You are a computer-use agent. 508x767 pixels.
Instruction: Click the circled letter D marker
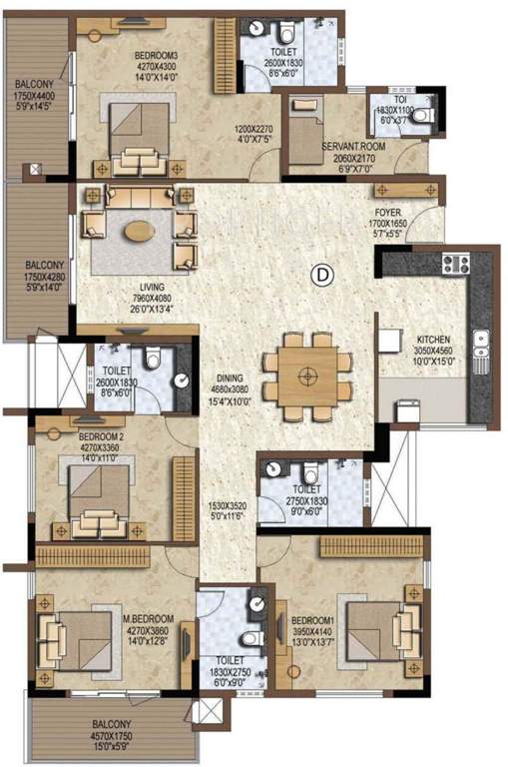[x=320, y=272]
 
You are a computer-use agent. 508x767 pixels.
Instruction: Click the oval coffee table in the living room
[x=140, y=232]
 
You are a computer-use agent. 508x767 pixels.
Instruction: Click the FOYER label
[x=388, y=214]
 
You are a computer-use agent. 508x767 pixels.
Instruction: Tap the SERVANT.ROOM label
[x=348, y=146]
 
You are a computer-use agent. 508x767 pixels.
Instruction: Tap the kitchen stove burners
[x=455, y=265]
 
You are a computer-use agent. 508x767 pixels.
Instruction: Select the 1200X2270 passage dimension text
[x=254, y=129]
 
